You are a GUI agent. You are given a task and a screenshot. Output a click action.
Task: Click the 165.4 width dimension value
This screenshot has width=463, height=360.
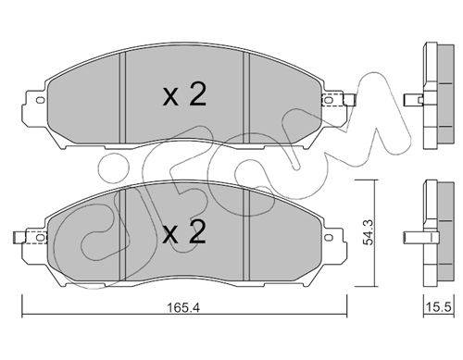tap(183, 307)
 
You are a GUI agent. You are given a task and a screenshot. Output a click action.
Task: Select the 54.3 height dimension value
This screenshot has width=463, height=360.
tap(368, 232)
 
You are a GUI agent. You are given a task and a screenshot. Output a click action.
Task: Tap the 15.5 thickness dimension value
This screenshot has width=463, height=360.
tap(439, 307)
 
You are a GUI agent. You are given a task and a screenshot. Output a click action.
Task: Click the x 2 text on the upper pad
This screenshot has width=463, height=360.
tap(184, 95)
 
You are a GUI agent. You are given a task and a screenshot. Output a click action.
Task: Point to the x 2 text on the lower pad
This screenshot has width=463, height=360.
tap(184, 232)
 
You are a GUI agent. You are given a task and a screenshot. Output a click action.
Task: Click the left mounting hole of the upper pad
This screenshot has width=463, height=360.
tap(40, 100)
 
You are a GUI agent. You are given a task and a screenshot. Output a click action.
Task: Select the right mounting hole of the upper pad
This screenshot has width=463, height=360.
tap(329, 100)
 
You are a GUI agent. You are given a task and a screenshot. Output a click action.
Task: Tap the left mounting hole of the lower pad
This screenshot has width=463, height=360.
tap(40, 237)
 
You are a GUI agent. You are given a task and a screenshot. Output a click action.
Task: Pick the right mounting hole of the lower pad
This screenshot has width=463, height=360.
tap(329, 237)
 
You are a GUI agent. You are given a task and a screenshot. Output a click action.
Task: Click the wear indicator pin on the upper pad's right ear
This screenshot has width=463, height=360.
tap(350, 100)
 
